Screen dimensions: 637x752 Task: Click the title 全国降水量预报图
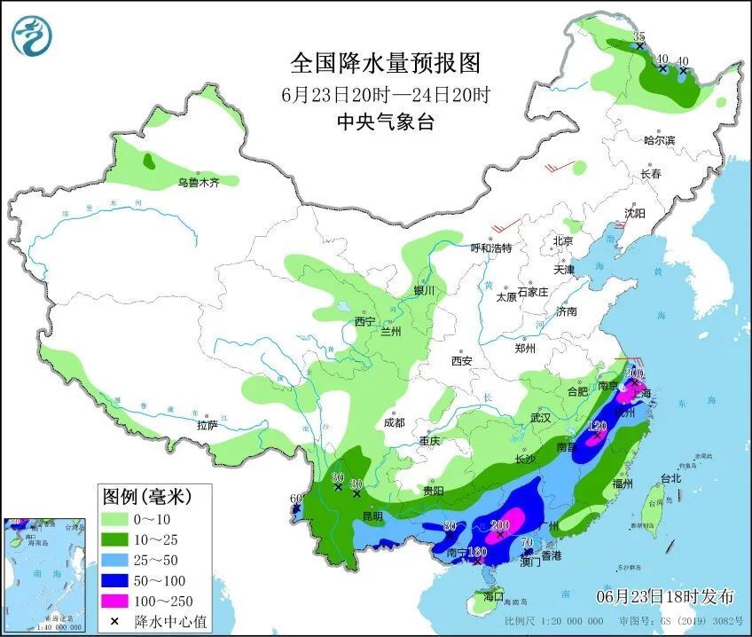tap(385, 63)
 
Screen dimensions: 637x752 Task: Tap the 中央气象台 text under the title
tap(385, 123)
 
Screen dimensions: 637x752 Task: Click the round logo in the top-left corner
tap(32, 35)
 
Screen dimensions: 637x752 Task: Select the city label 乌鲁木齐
tap(196, 183)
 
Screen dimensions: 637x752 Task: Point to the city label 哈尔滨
tap(659, 140)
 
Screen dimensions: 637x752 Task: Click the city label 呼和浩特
tap(490, 248)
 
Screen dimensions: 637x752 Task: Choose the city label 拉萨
tap(207, 425)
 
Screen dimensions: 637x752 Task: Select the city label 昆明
tap(372, 515)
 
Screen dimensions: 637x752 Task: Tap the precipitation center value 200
tap(499, 523)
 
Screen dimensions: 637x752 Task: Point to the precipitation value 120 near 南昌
tap(598, 427)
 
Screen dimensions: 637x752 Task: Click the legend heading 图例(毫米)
tap(145, 494)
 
